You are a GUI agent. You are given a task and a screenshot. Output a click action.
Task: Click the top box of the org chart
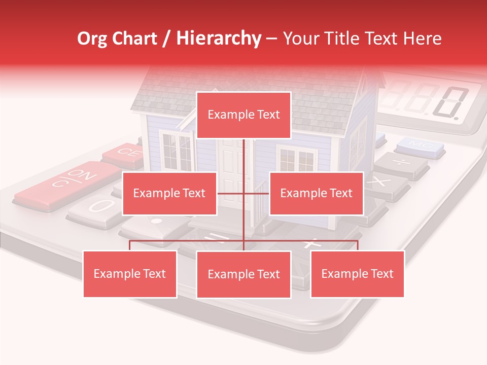click(x=243, y=115)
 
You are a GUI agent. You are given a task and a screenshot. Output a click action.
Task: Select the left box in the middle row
click(x=169, y=193)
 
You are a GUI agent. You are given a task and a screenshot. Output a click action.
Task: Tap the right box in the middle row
click(x=316, y=193)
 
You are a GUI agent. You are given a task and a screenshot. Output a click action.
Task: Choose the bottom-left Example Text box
click(x=130, y=274)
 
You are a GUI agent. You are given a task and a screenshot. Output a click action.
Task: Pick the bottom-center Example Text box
click(x=243, y=274)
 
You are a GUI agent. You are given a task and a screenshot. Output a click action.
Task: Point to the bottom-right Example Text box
click(x=357, y=274)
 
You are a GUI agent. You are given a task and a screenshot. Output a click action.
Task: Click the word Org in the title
click(x=92, y=39)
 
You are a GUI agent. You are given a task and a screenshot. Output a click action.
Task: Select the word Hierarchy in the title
click(x=218, y=39)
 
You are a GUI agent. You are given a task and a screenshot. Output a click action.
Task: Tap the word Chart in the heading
click(x=137, y=39)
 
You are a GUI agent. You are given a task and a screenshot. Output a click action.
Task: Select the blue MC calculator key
click(x=420, y=145)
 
